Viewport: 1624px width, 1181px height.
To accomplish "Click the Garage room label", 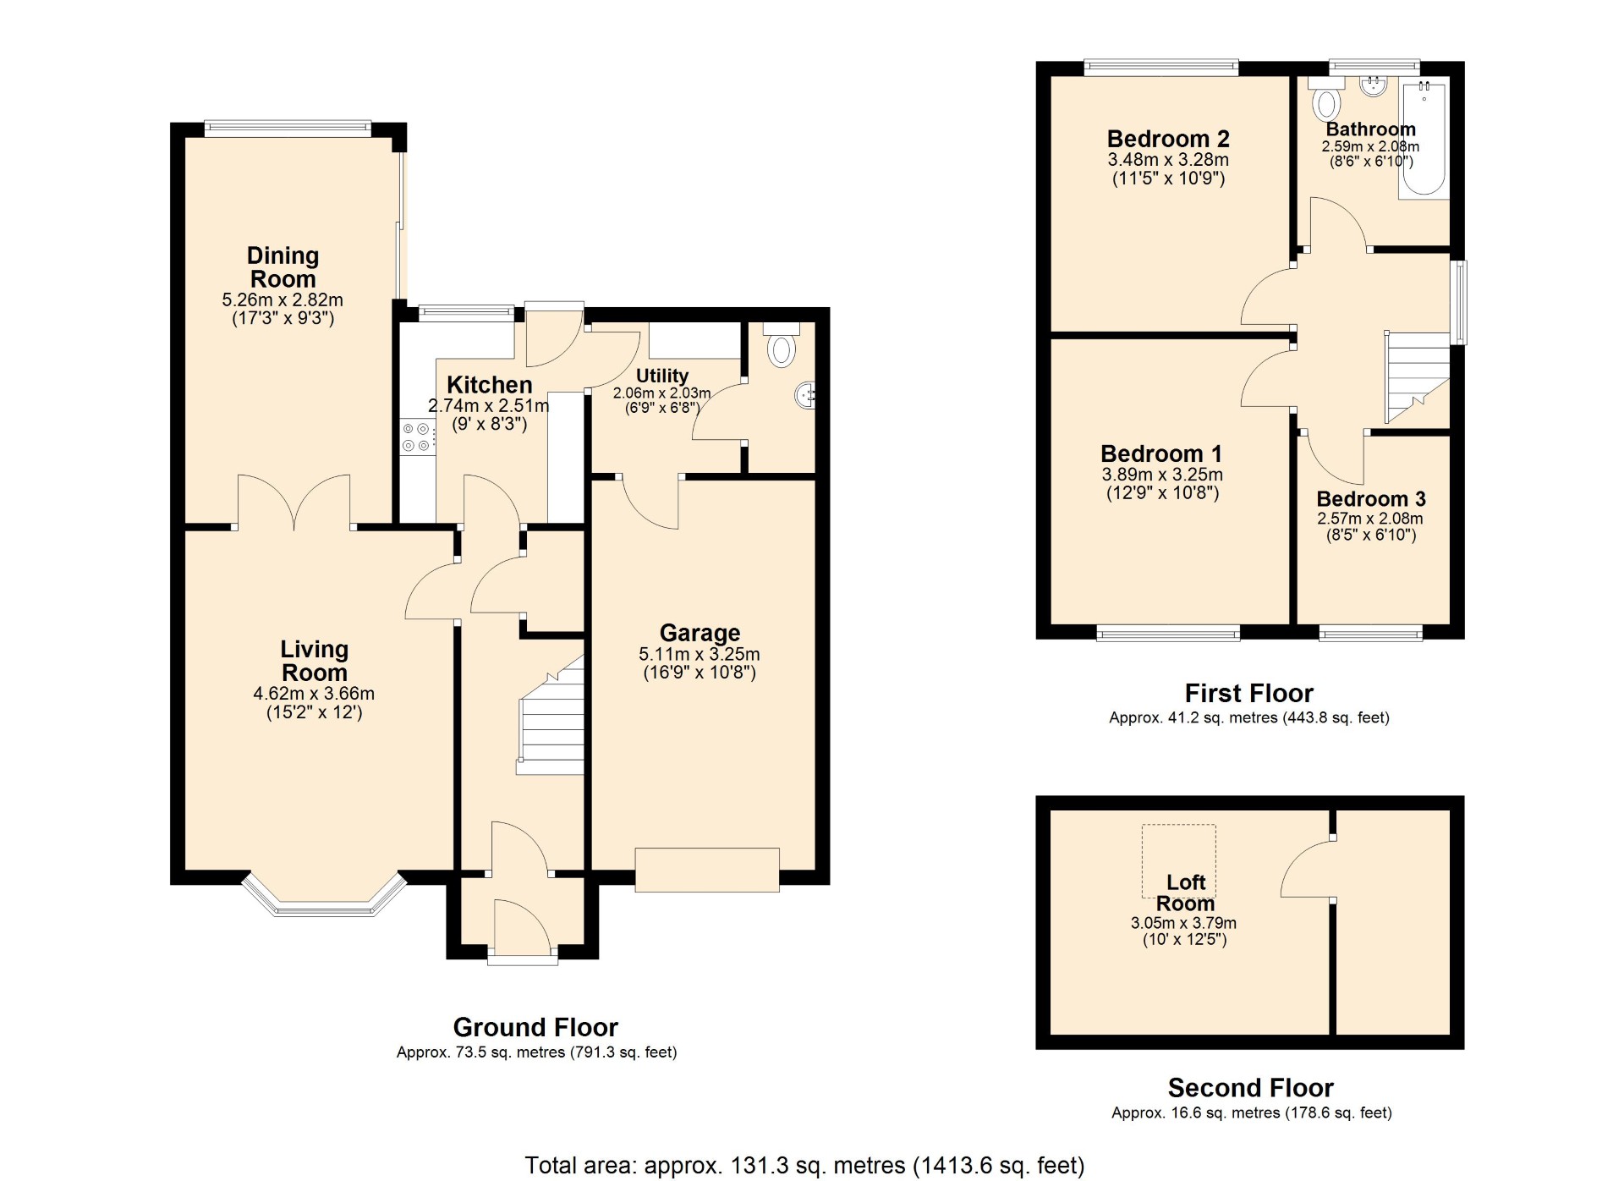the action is pyautogui.click(x=700, y=633).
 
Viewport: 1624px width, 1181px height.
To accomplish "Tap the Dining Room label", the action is pyautogui.click(x=283, y=267).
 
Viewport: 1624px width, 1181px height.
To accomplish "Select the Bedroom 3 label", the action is pyautogui.click(x=1371, y=499).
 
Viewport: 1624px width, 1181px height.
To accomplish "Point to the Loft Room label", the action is pyautogui.click(x=1185, y=893).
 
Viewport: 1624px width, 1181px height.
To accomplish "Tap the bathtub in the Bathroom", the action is pyautogui.click(x=1424, y=139).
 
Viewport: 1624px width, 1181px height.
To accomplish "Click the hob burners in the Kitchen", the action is pyautogui.click(x=416, y=437).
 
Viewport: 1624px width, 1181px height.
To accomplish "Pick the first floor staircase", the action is pyautogui.click(x=1417, y=377).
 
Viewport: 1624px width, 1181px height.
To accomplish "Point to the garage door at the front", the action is pyautogui.click(x=707, y=870).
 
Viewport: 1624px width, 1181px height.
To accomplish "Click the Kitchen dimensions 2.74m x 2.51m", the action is pyautogui.click(x=489, y=406).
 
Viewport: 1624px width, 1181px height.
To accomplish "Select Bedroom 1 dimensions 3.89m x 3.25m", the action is pyautogui.click(x=1162, y=475).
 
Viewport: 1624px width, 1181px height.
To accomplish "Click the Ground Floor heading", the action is pyautogui.click(x=535, y=1027).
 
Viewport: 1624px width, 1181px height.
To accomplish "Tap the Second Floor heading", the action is pyautogui.click(x=1250, y=1087).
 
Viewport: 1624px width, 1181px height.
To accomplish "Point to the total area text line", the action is pyautogui.click(x=804, y=1165).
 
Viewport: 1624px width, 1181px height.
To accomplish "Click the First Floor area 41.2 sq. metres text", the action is pyautogui.click(x=1249, y=717).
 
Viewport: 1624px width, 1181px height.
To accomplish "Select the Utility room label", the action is pyautogui.click(x=662, y=376).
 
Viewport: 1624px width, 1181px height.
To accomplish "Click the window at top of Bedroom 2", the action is pyautogui.click(x=1161, y=68).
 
